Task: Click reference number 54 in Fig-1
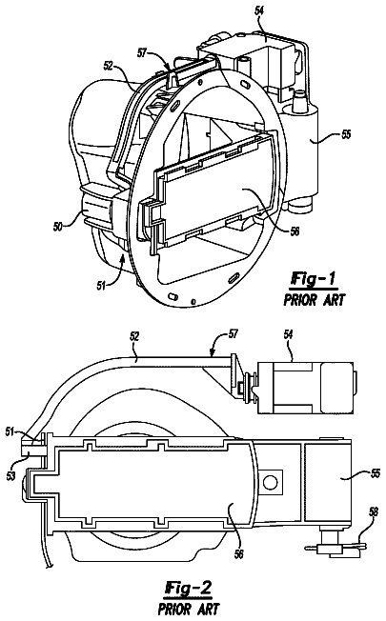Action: [259, 11]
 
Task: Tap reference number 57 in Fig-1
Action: [143, 52]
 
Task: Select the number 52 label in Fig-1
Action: [110, 67]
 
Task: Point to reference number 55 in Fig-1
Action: [346, 134]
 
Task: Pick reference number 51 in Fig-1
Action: [101, 285]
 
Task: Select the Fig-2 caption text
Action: [189, 588]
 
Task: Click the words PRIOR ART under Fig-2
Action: [189, 608]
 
